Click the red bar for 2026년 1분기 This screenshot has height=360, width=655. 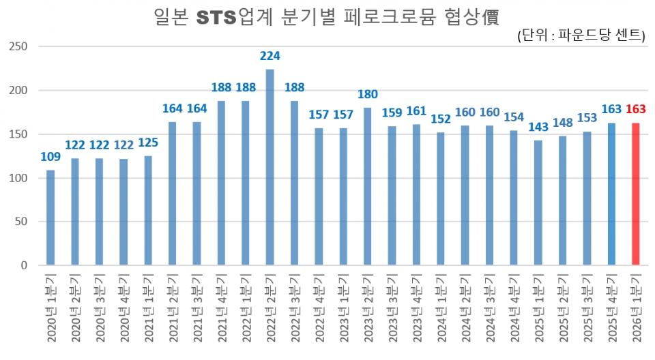point(636,194)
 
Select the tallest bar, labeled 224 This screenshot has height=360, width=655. point(270,167)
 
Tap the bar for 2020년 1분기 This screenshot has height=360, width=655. point(50,217)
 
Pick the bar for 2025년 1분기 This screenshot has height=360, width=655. point(538,202)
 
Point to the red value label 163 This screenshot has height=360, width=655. point(635,109)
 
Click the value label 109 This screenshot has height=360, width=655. point(50,157)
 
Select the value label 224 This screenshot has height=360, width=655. point(270,56)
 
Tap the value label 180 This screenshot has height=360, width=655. point(368,94)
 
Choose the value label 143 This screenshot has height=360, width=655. point(538,127)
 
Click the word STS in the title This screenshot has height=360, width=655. point(216,17)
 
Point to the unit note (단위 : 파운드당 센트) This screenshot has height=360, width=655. point(581,36)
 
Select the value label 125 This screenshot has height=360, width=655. point(148,142)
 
